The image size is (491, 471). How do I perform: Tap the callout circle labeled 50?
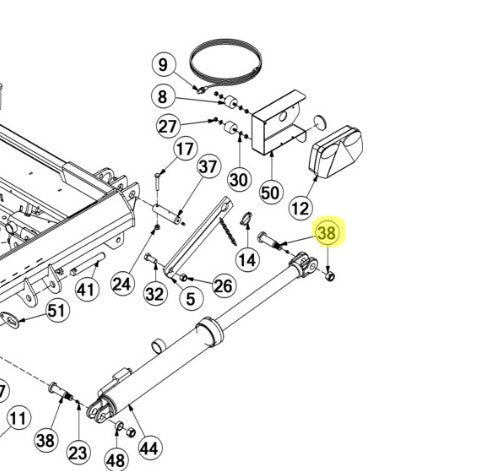coord(270,191)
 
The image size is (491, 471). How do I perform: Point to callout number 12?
coord(301,207)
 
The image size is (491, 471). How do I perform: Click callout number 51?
coord(56,311)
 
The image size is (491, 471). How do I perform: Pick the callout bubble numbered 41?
coord(86,290)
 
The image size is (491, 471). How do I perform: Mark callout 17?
coord(185,150)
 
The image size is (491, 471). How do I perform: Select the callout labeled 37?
coord(207,166)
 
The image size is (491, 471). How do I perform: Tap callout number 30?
coord(238,180)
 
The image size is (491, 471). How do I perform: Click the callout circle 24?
coord(122,284)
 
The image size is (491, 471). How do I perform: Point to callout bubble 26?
coord(223,287)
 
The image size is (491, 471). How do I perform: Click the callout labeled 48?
coord(116,460)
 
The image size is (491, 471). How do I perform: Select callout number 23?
coord(79,450)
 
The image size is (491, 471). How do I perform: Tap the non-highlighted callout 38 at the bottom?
coord(45,438)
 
